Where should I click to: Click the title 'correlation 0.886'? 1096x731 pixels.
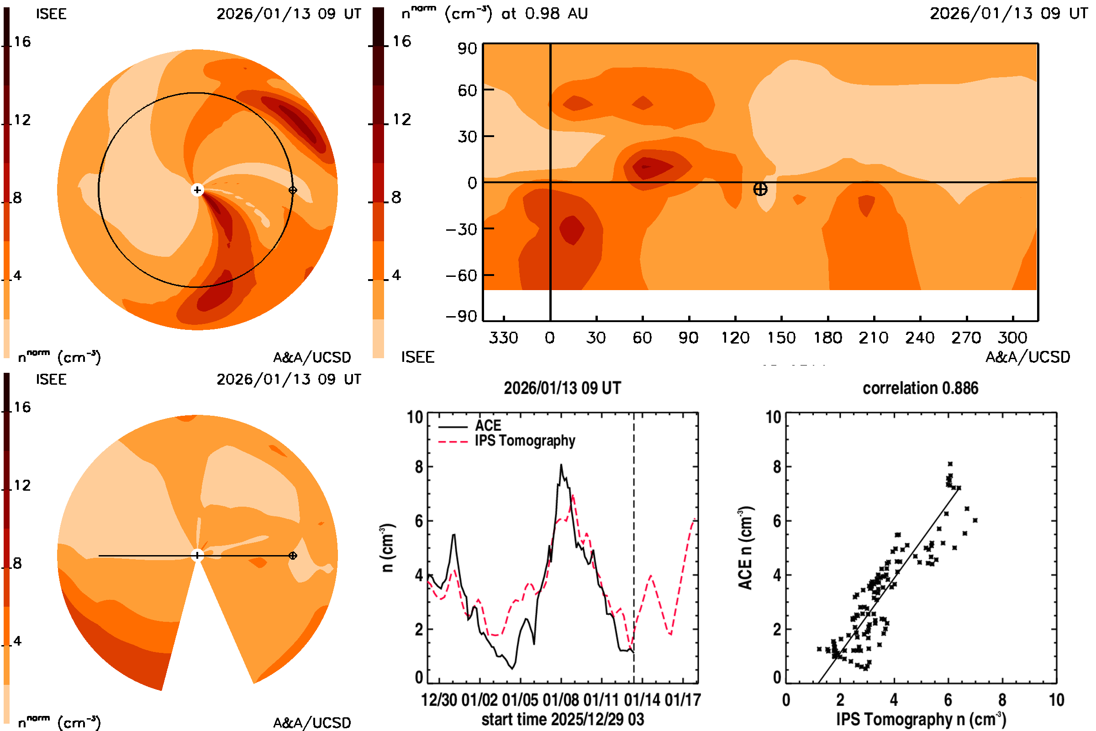[x=920, y=388]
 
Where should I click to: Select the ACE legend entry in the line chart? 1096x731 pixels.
[x=487, y=426]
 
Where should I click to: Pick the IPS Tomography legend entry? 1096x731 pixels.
[x=524, y=440]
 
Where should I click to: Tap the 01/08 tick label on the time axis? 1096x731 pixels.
[x=561, y=700]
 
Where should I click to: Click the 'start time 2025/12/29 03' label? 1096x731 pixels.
[x=563, y=719]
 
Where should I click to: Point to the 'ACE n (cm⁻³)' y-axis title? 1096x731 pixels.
[x=745, y=548]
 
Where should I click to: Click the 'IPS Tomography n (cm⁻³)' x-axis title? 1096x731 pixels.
[x=921, y=719]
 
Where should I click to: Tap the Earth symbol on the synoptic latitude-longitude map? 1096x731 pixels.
[x=760, y=189]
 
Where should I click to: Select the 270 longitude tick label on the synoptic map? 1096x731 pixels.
[x=966, y=338]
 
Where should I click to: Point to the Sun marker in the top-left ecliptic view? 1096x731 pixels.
[x=197, y=190]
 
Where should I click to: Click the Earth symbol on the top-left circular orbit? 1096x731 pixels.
[x=293, y=190]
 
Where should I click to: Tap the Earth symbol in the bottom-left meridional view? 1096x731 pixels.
[x=293, y=556]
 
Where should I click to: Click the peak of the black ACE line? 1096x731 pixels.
[x=561, y=465]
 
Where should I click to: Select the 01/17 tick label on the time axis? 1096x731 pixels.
[x=683, y=700]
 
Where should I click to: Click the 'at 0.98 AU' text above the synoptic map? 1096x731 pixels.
[x=544, y=14]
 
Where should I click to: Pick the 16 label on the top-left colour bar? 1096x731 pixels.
[x=22, y=42]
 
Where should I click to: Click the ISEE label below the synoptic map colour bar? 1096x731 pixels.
[x=417, y=357]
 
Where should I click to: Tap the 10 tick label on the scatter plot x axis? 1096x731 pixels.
[x=1056, y=700]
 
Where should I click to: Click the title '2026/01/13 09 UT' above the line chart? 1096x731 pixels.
[x=562, y=388]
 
